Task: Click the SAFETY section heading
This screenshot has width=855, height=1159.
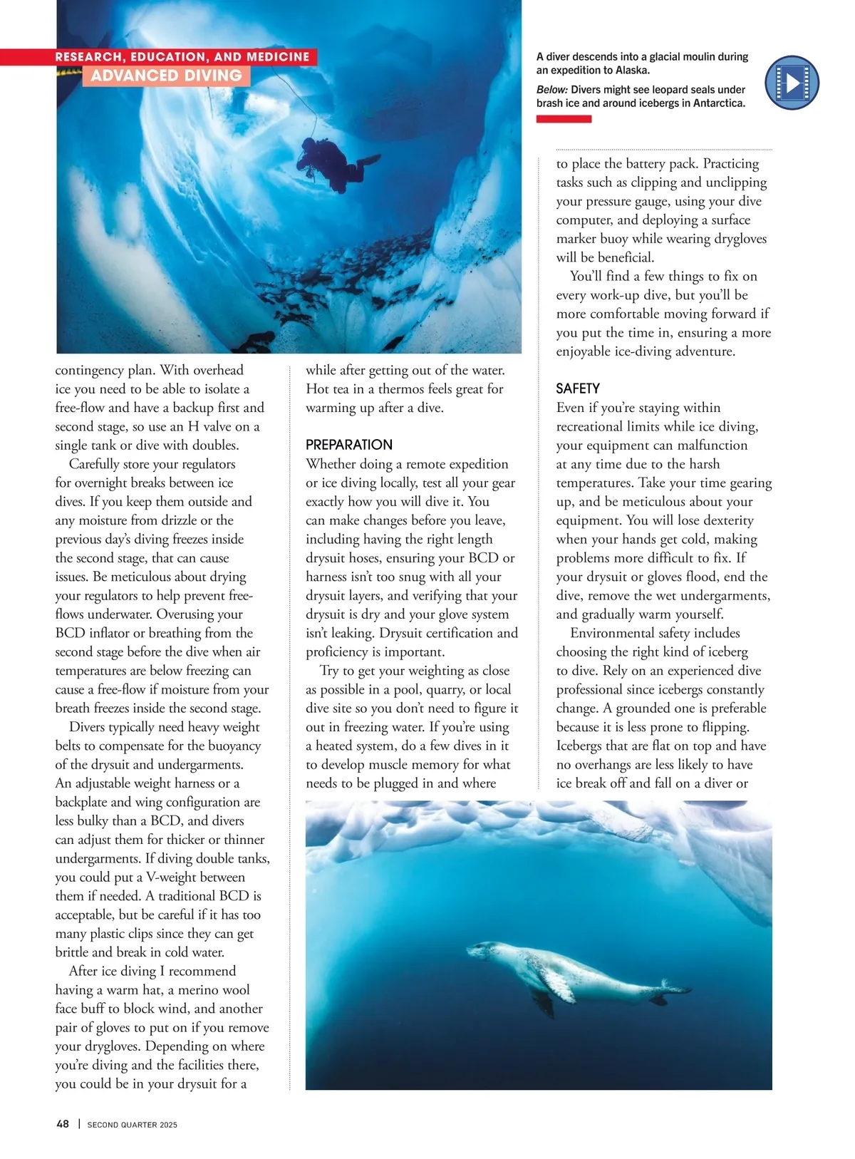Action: [x=578, y=388]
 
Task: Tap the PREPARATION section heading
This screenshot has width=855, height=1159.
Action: [x=349, y=445]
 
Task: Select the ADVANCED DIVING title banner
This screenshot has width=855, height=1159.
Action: [x=167, y=76]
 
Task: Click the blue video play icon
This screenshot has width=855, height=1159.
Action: [x=792, y=83]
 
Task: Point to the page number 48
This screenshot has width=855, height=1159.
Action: [x=63, y=1124]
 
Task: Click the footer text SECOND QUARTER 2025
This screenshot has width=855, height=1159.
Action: [x=133, y=1125]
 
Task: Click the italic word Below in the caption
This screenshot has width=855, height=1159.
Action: [x=552, y=90]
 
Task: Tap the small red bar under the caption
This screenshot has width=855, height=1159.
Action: [x=564, y=119]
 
